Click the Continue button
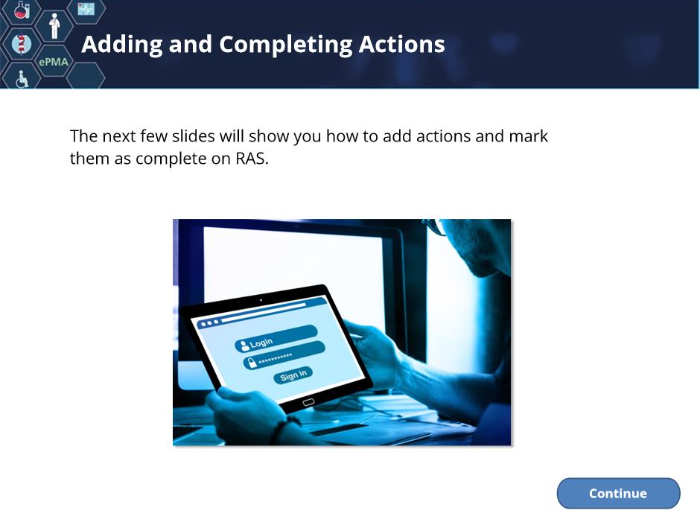point(618,493)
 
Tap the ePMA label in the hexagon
point(54,62)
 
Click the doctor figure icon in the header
point(54,26)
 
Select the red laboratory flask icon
point(21,10)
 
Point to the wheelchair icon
point(22,79)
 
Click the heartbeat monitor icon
point(86,8)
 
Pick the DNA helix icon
point(21,44)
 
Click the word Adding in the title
point(122,45)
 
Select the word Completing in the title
point(285,45)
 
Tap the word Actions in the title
point(402,44)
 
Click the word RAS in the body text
point(252,159)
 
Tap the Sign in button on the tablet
point(293,375)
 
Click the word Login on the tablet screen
point(261,343)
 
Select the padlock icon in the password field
point(252,362)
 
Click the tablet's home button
point(308,402)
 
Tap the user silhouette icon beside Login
point(244,346)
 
